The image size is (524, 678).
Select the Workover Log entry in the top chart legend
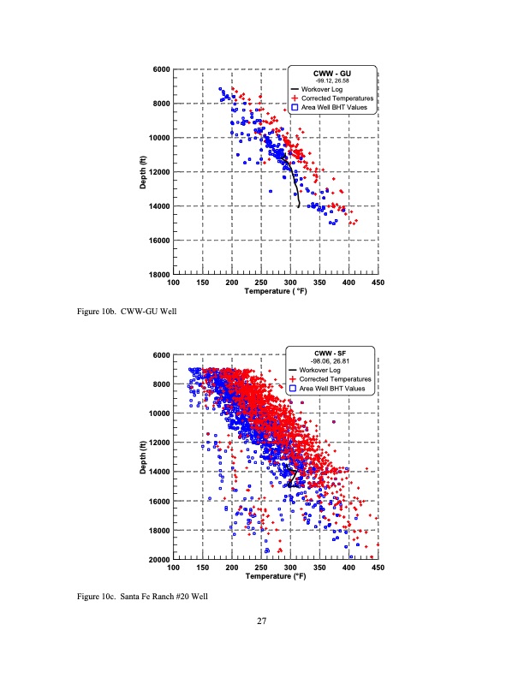pyautogui.click(x=320, y=90)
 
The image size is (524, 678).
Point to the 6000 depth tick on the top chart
pyautogui.click(x=159, y=69)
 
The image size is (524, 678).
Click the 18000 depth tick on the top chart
pyautogui.click(x=158, y=275)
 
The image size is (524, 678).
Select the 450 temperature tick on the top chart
pyautogui.click(x=378, y=282)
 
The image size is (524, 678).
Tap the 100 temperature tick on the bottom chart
pyautogui.click(x=174, y=568)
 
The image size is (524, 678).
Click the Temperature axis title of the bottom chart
pyautogui.click(x=275, y=576)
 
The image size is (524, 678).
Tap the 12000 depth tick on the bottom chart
pyautogui.click(x=158, y=443)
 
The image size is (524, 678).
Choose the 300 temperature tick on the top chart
pyautogui.click(x=290, y=282)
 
